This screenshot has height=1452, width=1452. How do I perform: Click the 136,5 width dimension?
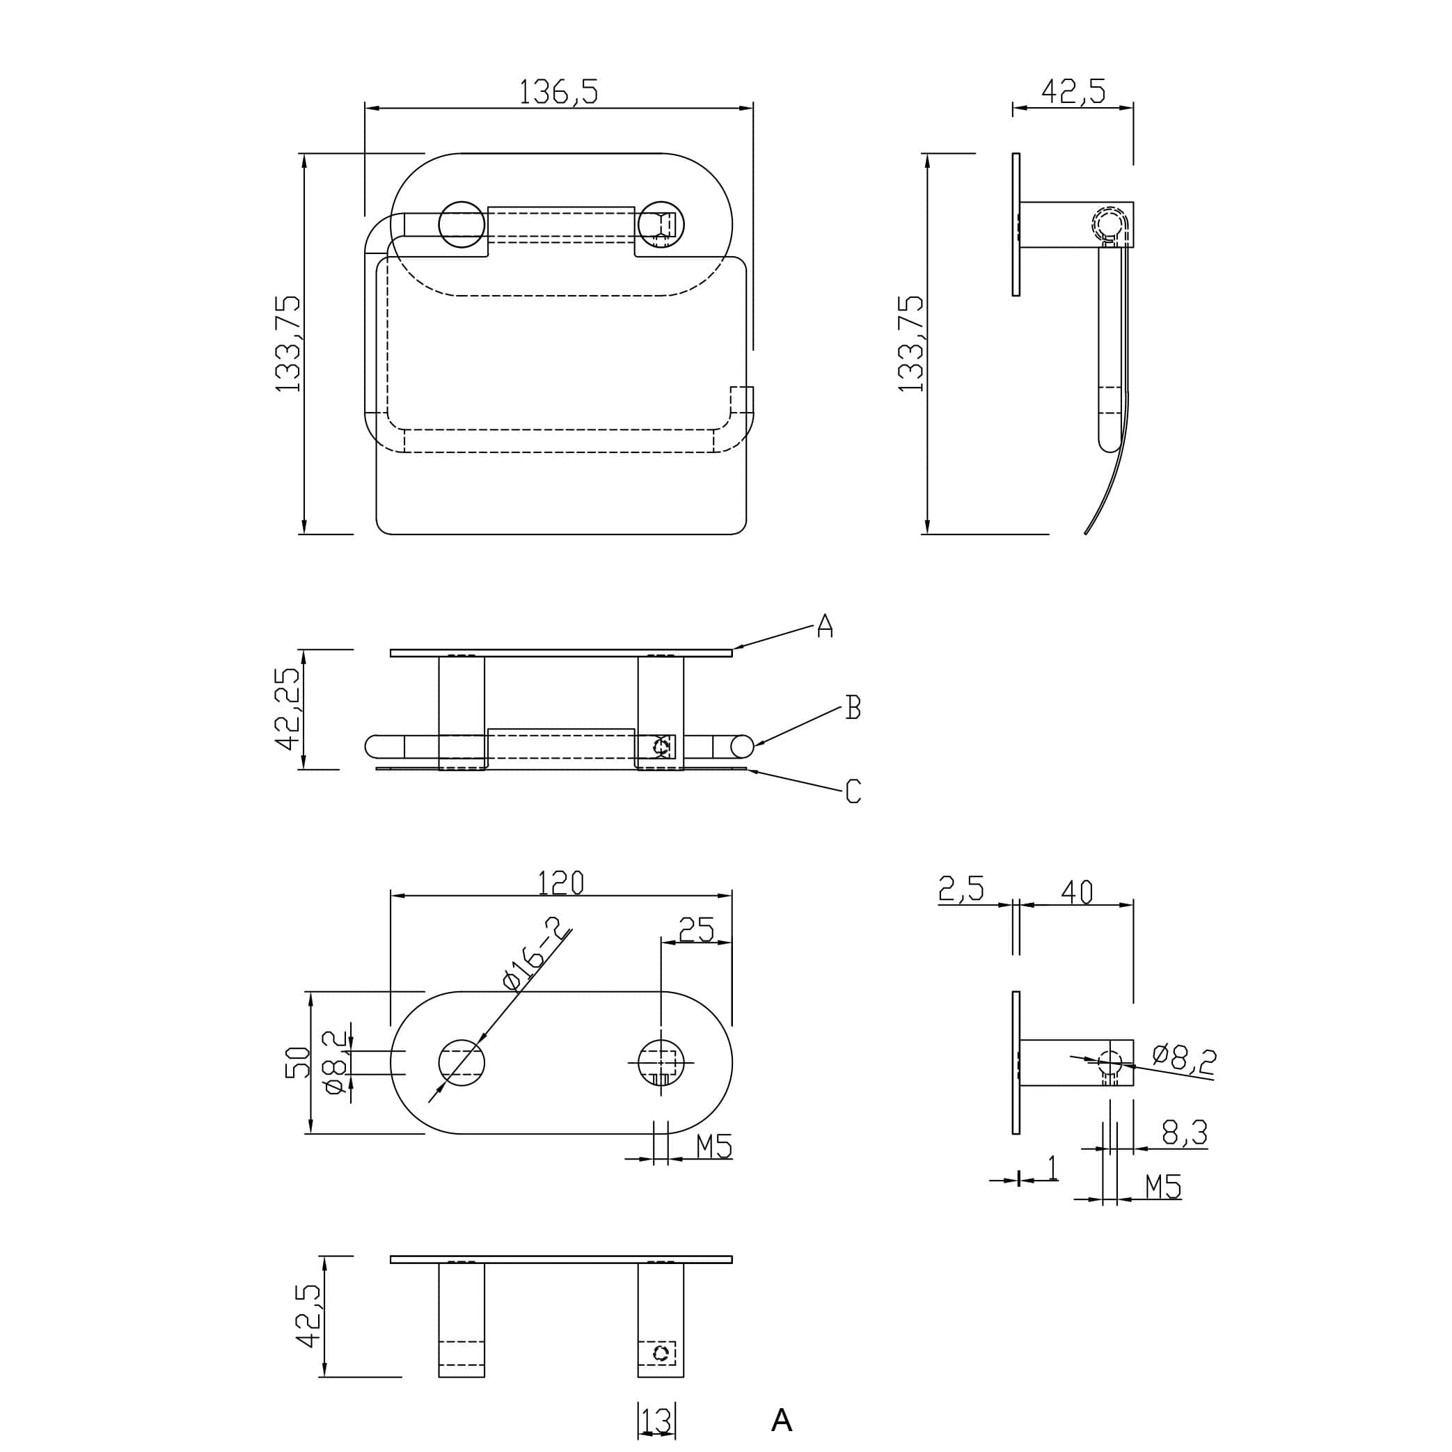[x=558, y=92]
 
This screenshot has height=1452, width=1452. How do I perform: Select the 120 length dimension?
[x=560, y=883]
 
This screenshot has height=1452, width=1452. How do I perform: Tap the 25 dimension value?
[x=696, y=931]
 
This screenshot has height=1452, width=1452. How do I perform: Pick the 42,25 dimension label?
[x=288, y=709]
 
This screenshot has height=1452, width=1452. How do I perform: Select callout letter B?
[x=852, y=707]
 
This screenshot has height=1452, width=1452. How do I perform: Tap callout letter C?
[x=852, y=791]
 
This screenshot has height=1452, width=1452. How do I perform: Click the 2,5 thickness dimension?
[x=961, y=890]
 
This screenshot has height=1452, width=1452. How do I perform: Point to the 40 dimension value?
[x=1076, y=892]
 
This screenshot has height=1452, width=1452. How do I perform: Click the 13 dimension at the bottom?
[x=656, y=1421]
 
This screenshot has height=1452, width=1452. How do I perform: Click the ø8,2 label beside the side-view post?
[x=1184, y=1057]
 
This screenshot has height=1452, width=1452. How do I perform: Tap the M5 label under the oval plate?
[x=713, y=1147]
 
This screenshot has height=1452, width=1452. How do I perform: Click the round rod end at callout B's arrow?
[x=742, y=746]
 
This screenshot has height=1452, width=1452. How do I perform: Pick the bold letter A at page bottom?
[x=782, y=1421]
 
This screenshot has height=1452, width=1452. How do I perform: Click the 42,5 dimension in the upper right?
[x=1073, y=92]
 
